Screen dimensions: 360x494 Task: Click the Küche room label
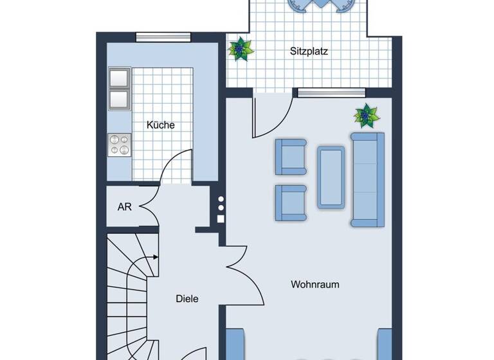(160, 125)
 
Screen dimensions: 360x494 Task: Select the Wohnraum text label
(315, 284)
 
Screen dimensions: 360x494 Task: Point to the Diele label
(187, 299)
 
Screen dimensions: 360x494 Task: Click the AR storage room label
(125, 207)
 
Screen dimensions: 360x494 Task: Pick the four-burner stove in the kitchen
(119, 145)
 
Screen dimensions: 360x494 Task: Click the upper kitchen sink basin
(119, 78)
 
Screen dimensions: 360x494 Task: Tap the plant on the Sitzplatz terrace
(241, 49)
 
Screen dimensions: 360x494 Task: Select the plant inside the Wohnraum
(367, 116)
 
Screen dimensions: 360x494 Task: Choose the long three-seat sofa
(367, 179)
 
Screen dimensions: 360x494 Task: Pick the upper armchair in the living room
(290, 157)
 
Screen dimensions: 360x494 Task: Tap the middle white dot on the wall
(221, 208)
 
